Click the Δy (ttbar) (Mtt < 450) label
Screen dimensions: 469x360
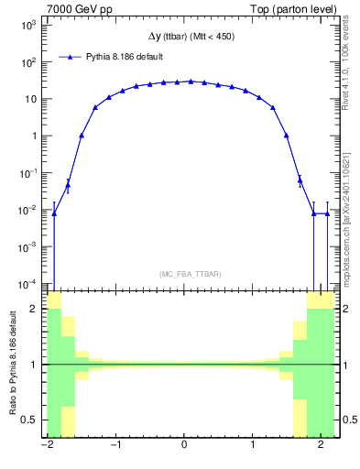[191, 37]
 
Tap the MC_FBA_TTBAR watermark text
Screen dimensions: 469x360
[191, 274]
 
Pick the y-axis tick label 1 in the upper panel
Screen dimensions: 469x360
[34, 136]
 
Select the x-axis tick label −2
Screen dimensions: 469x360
[46, 446]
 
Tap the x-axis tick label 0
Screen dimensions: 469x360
[184, 446]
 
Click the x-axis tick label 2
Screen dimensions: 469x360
[321, 446]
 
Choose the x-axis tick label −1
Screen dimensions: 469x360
[115, 446]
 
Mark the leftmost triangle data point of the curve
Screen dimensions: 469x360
[54, 213]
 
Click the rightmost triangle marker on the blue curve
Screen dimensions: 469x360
[327, 213]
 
